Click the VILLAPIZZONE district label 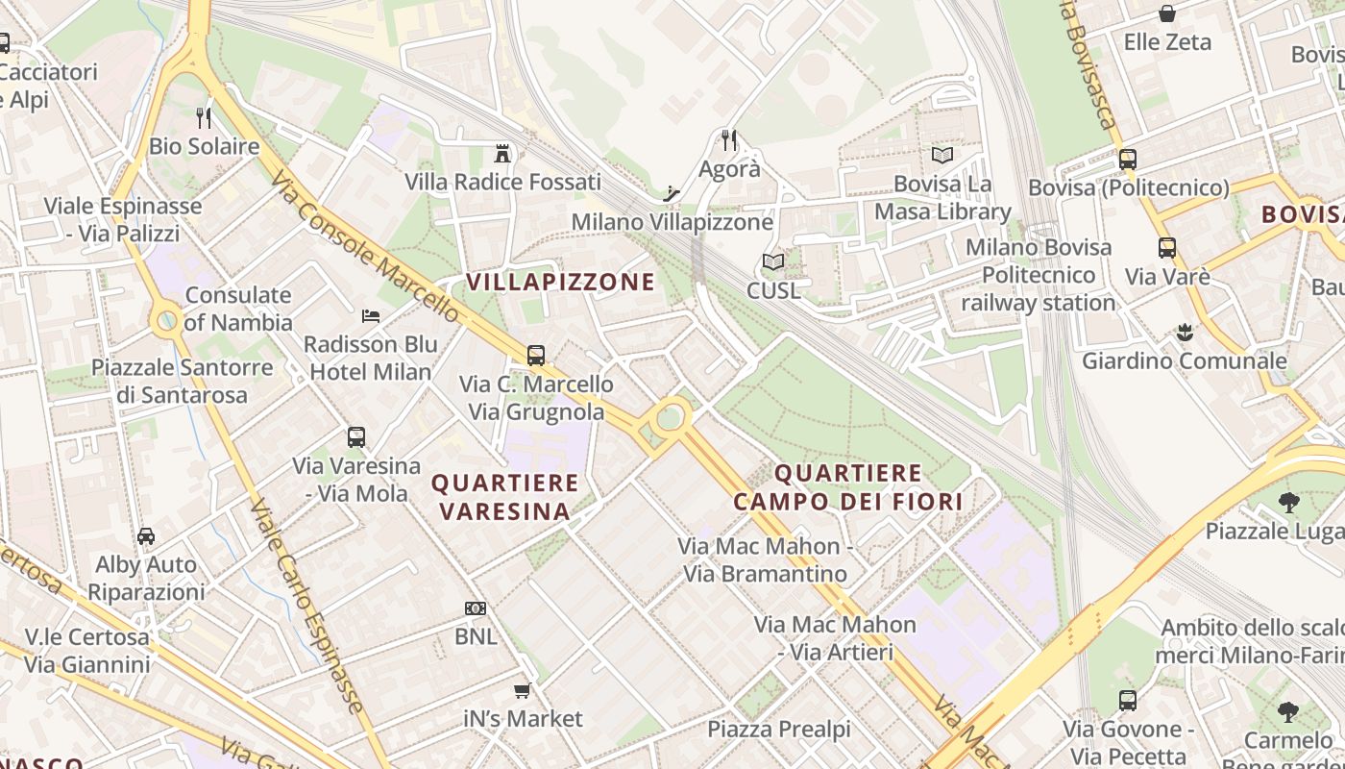[560, 282]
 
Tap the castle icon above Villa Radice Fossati [501, 153]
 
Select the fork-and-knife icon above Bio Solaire [204, 118]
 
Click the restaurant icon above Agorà [729, 140]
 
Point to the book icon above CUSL [773, 261]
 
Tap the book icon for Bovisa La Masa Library [942, 155]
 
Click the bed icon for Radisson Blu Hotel [371, 316]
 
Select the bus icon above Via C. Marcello [536, 356]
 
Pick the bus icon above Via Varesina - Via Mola [356, 437]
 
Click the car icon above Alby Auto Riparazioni [146, 536]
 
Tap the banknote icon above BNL [476, 608]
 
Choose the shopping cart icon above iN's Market [523, 690]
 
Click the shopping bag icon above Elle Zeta [1167, 13]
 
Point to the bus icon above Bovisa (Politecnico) [1128, 160]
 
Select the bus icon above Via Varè [1167, 248]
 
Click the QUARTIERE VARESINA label [505, 496]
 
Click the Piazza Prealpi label [779, 730]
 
